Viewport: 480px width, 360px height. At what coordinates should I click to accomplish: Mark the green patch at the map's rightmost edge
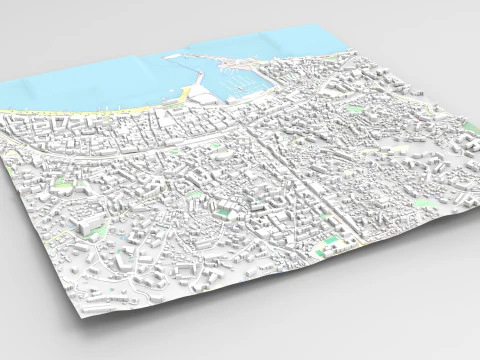[470, 127]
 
